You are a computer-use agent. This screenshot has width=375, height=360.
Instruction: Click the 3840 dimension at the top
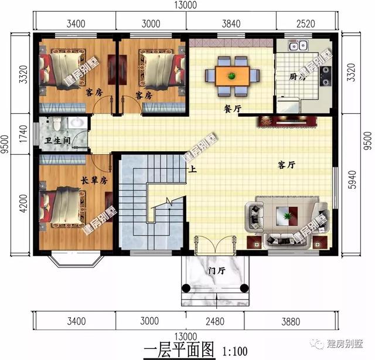click(x=231, y=24)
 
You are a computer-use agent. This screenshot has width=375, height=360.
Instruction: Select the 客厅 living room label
click(x=285, y=165)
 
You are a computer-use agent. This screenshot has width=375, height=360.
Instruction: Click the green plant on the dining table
click(x=232, y=75)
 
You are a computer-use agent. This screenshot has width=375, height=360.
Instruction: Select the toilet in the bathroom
click(x=56, y=124)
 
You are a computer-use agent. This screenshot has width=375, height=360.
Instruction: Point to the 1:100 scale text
click(x=236, y=351)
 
